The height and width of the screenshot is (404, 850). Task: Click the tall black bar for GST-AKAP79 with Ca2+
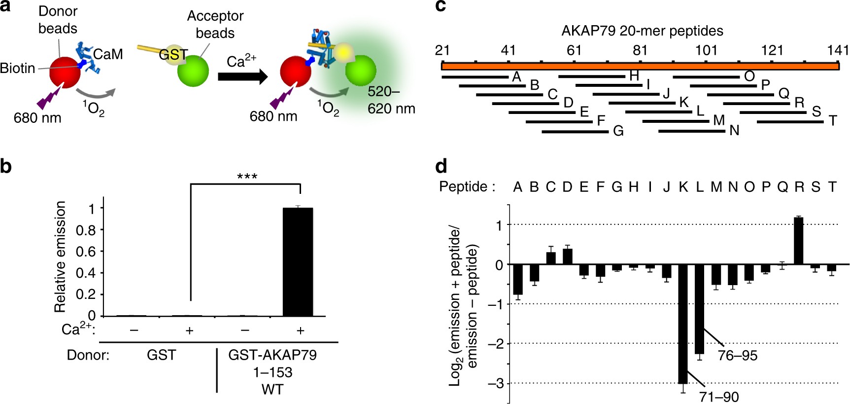tap(298, 262)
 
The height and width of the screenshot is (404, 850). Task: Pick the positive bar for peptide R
tap(799, 241)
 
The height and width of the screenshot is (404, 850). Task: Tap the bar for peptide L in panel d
tap(699, 309)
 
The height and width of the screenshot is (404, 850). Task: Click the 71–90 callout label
tap(719, 397)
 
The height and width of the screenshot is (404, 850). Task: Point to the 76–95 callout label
tap(737, 355)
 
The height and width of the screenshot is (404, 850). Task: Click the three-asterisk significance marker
tap(247, 177)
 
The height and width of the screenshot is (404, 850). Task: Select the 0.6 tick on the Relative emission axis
tap(86, 252)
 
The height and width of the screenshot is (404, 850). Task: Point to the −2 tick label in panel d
tap(496, 344)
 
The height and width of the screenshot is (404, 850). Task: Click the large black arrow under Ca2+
tap(242, 76)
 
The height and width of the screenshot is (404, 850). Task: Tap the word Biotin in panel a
tap(18, 68)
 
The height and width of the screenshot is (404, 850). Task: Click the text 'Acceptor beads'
tap(215, 25)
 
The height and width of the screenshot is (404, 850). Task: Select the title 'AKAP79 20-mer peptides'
tap(642, 31)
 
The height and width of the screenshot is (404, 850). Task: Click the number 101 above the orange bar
tap(706, 50)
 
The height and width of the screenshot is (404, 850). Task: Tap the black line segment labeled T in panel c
tap(790, 122)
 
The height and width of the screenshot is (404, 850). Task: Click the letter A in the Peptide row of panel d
tap(517, 187)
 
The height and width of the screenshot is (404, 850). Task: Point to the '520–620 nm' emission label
tap(391, 100)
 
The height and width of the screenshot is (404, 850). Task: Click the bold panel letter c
tap(441, 6)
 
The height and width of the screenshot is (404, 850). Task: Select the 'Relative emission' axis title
tap(60, 257)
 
